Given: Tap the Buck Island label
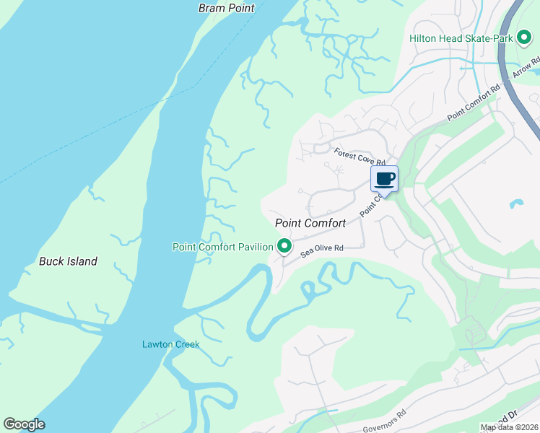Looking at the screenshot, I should click(x=68, y=261).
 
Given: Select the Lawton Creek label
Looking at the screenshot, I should click(x=170, y=344).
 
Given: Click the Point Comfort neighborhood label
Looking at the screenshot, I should click(x=310, y=224).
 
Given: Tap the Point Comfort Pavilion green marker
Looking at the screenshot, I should click(x=285, y=247).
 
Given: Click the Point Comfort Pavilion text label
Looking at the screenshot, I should click(x=222, y=247).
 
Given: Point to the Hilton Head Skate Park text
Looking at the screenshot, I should click(x=460, y=38).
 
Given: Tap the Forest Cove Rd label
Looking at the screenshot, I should click(x=360, y=157).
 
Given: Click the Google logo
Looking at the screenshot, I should click(x=24, y=424).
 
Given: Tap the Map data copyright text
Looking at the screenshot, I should click(x=510, y=427).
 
